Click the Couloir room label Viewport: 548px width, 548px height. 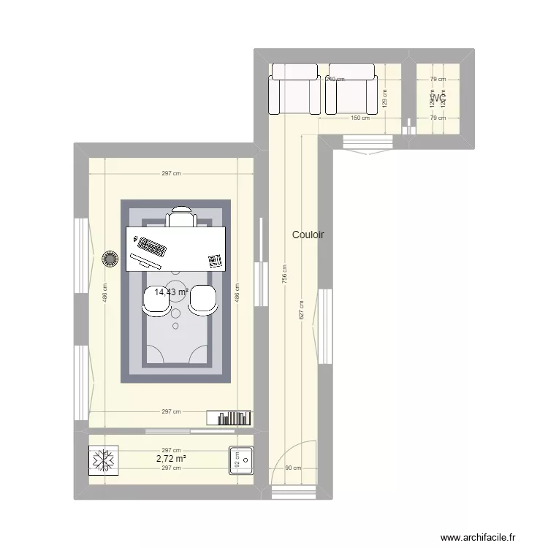click(x=308, y=235)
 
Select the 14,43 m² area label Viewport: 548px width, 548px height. click(x=171, y=292)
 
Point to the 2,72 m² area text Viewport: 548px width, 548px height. click(x=171, y=459)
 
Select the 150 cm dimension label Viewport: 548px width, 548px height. click(x=358, y=118)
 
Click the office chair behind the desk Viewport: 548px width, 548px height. click(x=181, y=217)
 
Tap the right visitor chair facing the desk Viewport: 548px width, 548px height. click(x=204, y=300)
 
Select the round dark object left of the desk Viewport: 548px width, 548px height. click(x=110, y=259)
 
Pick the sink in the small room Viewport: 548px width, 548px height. click(x=240, y=460)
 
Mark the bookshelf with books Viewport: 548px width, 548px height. click(x=229, y=417)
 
